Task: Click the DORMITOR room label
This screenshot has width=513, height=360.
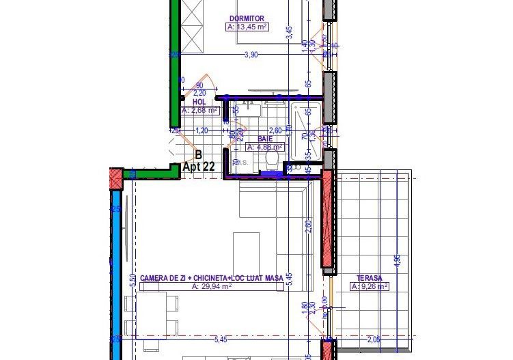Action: (x=246, y=18)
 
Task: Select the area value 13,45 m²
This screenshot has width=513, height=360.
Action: (x=247, y=27)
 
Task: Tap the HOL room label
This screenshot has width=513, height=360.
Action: (x=199, y=101)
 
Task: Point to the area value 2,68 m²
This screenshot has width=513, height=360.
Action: (x=199, y=110)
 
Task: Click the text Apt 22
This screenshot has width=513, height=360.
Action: (x=199, y=166)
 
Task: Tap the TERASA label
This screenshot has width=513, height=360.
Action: (x=369, y=278)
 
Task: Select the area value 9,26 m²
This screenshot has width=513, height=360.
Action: (x=370, y=287)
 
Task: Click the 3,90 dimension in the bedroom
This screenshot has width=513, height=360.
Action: (x=251, y=55)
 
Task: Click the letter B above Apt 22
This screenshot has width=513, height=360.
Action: (x=198, y=155)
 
